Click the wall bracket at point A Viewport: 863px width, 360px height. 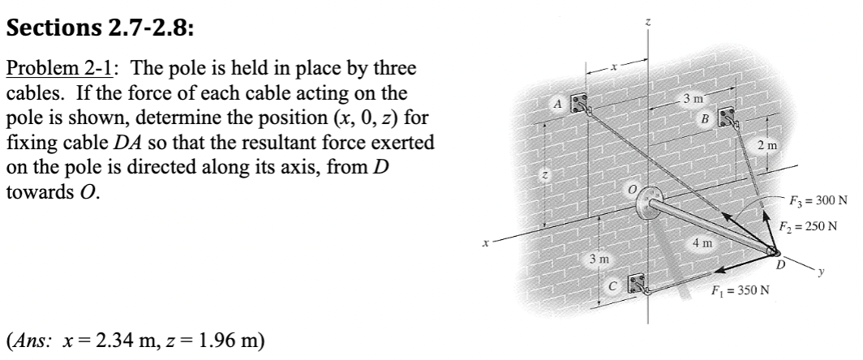[x=579, y=105]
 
